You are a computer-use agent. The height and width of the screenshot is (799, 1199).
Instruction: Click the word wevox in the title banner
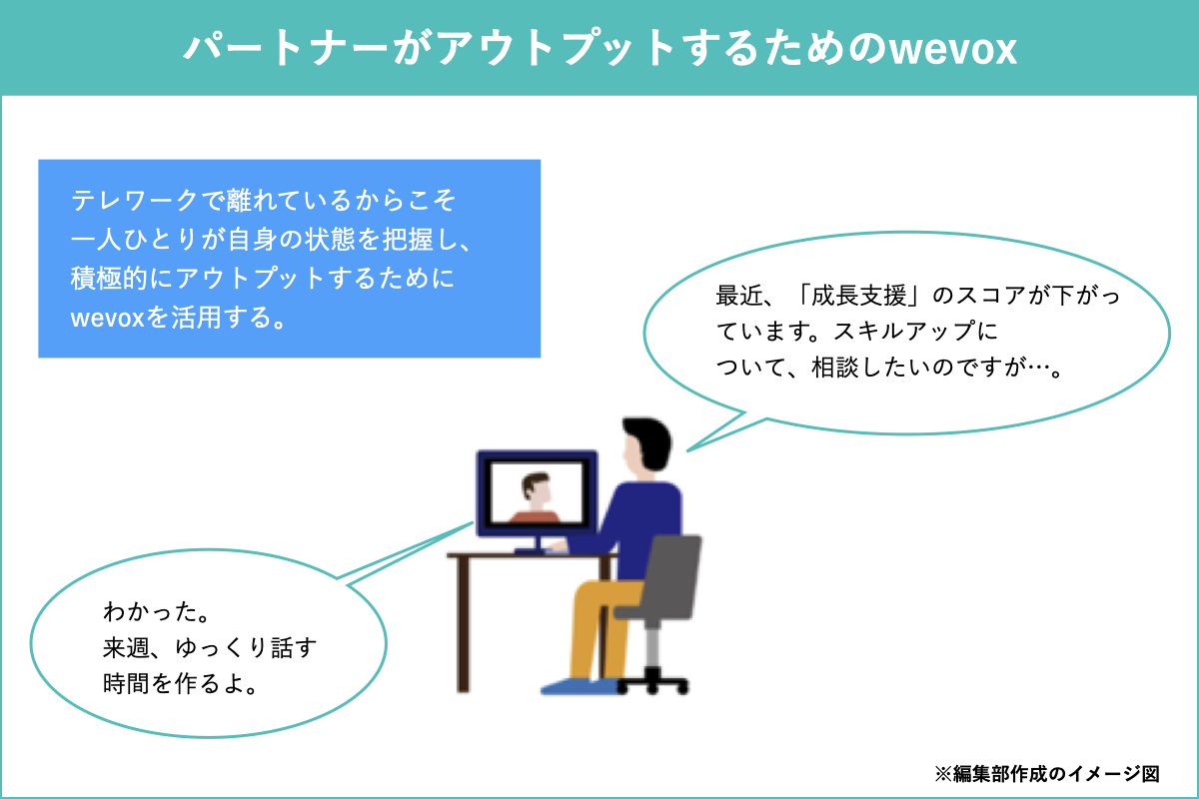tap(952, 49)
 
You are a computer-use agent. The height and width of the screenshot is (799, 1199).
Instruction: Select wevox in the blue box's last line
tap(108, 318)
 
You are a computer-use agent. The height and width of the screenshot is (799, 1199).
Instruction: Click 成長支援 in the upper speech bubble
tap(859, 296)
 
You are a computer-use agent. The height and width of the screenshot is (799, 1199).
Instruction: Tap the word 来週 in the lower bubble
tap(126, 647)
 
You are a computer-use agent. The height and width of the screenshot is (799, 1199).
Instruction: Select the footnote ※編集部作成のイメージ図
tap(1046, 774)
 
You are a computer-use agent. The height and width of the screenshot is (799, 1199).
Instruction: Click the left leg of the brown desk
tap(464, 623)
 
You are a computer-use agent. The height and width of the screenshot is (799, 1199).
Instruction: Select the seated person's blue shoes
tap(580, 686)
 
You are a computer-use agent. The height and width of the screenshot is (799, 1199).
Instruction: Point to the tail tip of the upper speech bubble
tap(687, 451)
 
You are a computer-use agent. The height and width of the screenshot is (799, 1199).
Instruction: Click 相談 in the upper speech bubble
tap(835, 368)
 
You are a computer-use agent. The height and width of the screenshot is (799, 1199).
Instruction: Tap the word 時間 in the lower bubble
tap(126, 684)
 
